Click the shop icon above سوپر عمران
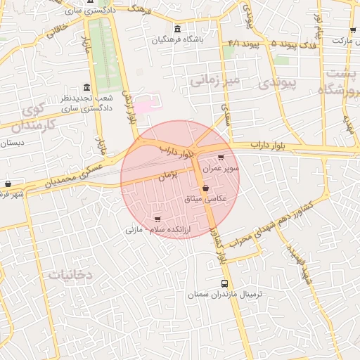221,158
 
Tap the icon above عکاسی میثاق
205,188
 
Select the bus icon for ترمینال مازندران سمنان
224,284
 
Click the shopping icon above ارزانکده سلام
157,219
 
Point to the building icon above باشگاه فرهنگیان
176,29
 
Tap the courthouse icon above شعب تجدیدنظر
86,87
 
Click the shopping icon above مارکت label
353,31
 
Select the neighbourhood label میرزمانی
214,81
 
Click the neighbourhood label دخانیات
70,274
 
